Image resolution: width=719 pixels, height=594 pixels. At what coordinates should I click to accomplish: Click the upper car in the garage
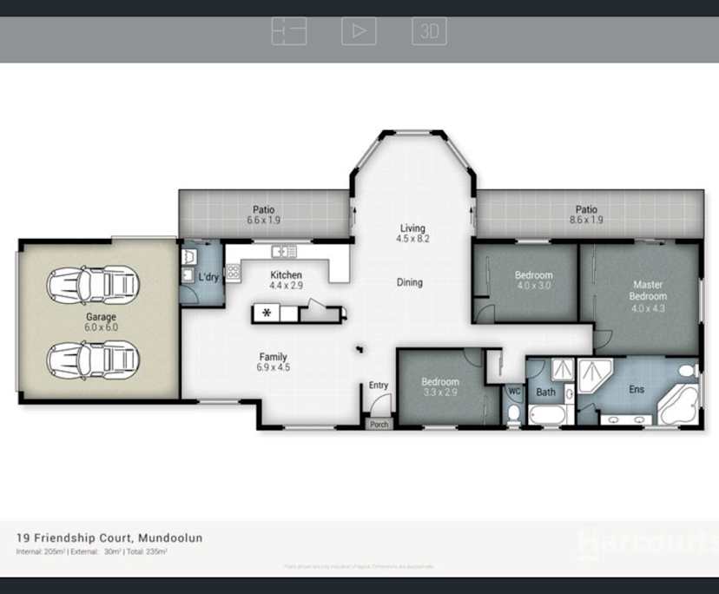point(91,285)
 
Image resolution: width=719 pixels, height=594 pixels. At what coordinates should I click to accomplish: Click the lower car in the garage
point(91,358)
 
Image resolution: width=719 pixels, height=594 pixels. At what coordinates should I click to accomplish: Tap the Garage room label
point(101,322)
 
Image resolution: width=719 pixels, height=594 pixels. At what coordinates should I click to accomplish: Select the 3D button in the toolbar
point(429,31)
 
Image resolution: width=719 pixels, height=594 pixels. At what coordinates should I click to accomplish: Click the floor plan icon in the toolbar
point(289,31)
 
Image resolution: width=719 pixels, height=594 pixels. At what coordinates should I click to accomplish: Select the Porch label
point(379,425)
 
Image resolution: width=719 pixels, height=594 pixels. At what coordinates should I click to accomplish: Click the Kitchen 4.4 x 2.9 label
point(286,280)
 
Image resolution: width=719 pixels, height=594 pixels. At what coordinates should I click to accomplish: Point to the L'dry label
point(208,277)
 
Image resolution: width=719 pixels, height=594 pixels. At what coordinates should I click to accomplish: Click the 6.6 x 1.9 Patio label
point(263,214)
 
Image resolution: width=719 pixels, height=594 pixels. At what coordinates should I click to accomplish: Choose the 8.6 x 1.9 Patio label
point(586,214)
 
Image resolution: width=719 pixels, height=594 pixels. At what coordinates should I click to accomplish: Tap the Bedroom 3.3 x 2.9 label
point(439,387)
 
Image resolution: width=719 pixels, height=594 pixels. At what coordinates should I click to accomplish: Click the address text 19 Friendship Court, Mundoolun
point(109,538)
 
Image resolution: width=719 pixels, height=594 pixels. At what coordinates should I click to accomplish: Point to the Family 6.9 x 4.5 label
point(273,362)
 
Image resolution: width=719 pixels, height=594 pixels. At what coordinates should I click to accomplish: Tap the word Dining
point(410,282)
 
